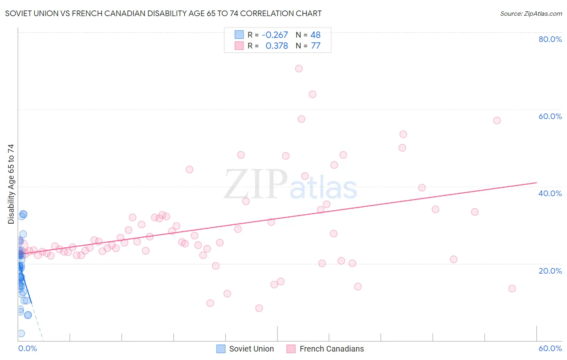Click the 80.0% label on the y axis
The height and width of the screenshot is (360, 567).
coord(550,39)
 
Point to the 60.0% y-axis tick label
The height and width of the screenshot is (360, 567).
coord(550,116)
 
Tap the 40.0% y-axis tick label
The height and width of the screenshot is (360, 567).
coord(550,193)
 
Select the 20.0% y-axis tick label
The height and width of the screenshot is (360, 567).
coord(550,271)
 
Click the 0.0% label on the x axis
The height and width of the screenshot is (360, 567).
coord(27,348)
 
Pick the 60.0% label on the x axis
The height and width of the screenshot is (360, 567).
coord(550,348)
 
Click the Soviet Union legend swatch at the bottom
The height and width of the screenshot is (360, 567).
coord(221,349)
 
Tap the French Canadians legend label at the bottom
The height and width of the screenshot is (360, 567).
coord(331,349)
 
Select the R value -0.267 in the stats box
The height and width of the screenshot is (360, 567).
coord(275,35)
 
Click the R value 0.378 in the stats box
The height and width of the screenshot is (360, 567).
coord(277,46)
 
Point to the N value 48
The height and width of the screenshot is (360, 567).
coord(315,35)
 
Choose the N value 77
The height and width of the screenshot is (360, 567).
coord(315,46)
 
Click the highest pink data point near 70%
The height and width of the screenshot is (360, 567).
coord(299,69)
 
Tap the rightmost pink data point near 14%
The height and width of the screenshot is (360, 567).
coord(512,289)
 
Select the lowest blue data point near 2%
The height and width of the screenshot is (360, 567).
coord(21,333)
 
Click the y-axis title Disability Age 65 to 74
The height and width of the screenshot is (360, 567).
coord(11,184)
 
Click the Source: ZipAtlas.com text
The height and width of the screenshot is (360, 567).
coord(531,14)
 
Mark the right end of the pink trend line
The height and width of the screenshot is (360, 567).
coord(537,183)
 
